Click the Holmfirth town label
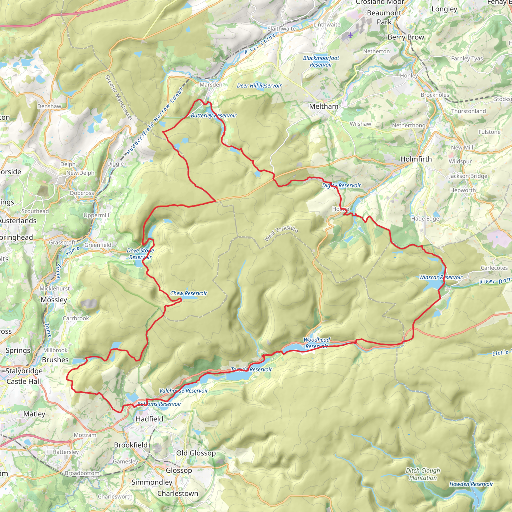[x=416, y=159]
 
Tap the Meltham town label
[x=323, y=106]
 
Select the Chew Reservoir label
[x=188, y=293]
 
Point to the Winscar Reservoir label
[x=440, y=277]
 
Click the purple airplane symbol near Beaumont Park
[x=350, y=35]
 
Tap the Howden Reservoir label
[x=471, y=484]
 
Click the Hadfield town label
[x=149, y=419]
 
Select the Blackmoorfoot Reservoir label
[x=321, y=61]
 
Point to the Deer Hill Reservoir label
[x=259, y=85]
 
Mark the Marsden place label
[x=211, y=84]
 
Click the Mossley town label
[x=54, y=300]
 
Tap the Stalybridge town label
[x=24, y=371]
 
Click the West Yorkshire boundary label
[x=281, y=233]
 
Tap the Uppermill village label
[x=96, y=215]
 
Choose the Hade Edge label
[x=425, y=219]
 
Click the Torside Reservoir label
[x=251, y=369]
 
